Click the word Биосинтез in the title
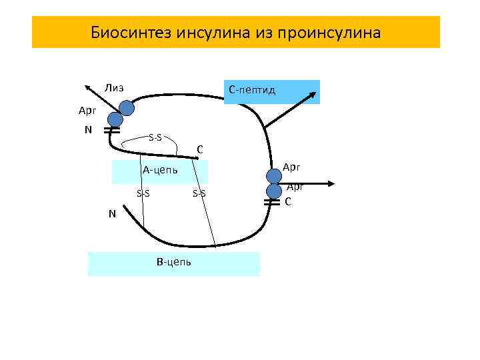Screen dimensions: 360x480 [x=131, y=33]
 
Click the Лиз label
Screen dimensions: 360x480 [x=113, y=87]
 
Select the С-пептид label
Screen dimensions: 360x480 [x=252, y=89]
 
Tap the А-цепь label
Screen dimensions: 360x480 [x=160, y=170]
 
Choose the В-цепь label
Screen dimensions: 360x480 [x=174, y=262]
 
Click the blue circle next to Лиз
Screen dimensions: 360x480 [x=126, y=108]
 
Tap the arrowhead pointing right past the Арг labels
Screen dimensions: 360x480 [x=330, y=184]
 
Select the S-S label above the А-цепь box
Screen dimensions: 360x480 [x=155, y=138]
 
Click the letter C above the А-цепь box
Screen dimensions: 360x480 [x=200, y=149]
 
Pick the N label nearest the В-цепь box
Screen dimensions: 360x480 [x=113, y=214]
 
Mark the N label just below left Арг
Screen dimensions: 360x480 [x=89, y=129]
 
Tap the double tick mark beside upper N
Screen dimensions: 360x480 [x=111, y=132]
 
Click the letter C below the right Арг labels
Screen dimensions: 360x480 [x=288, y=201]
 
